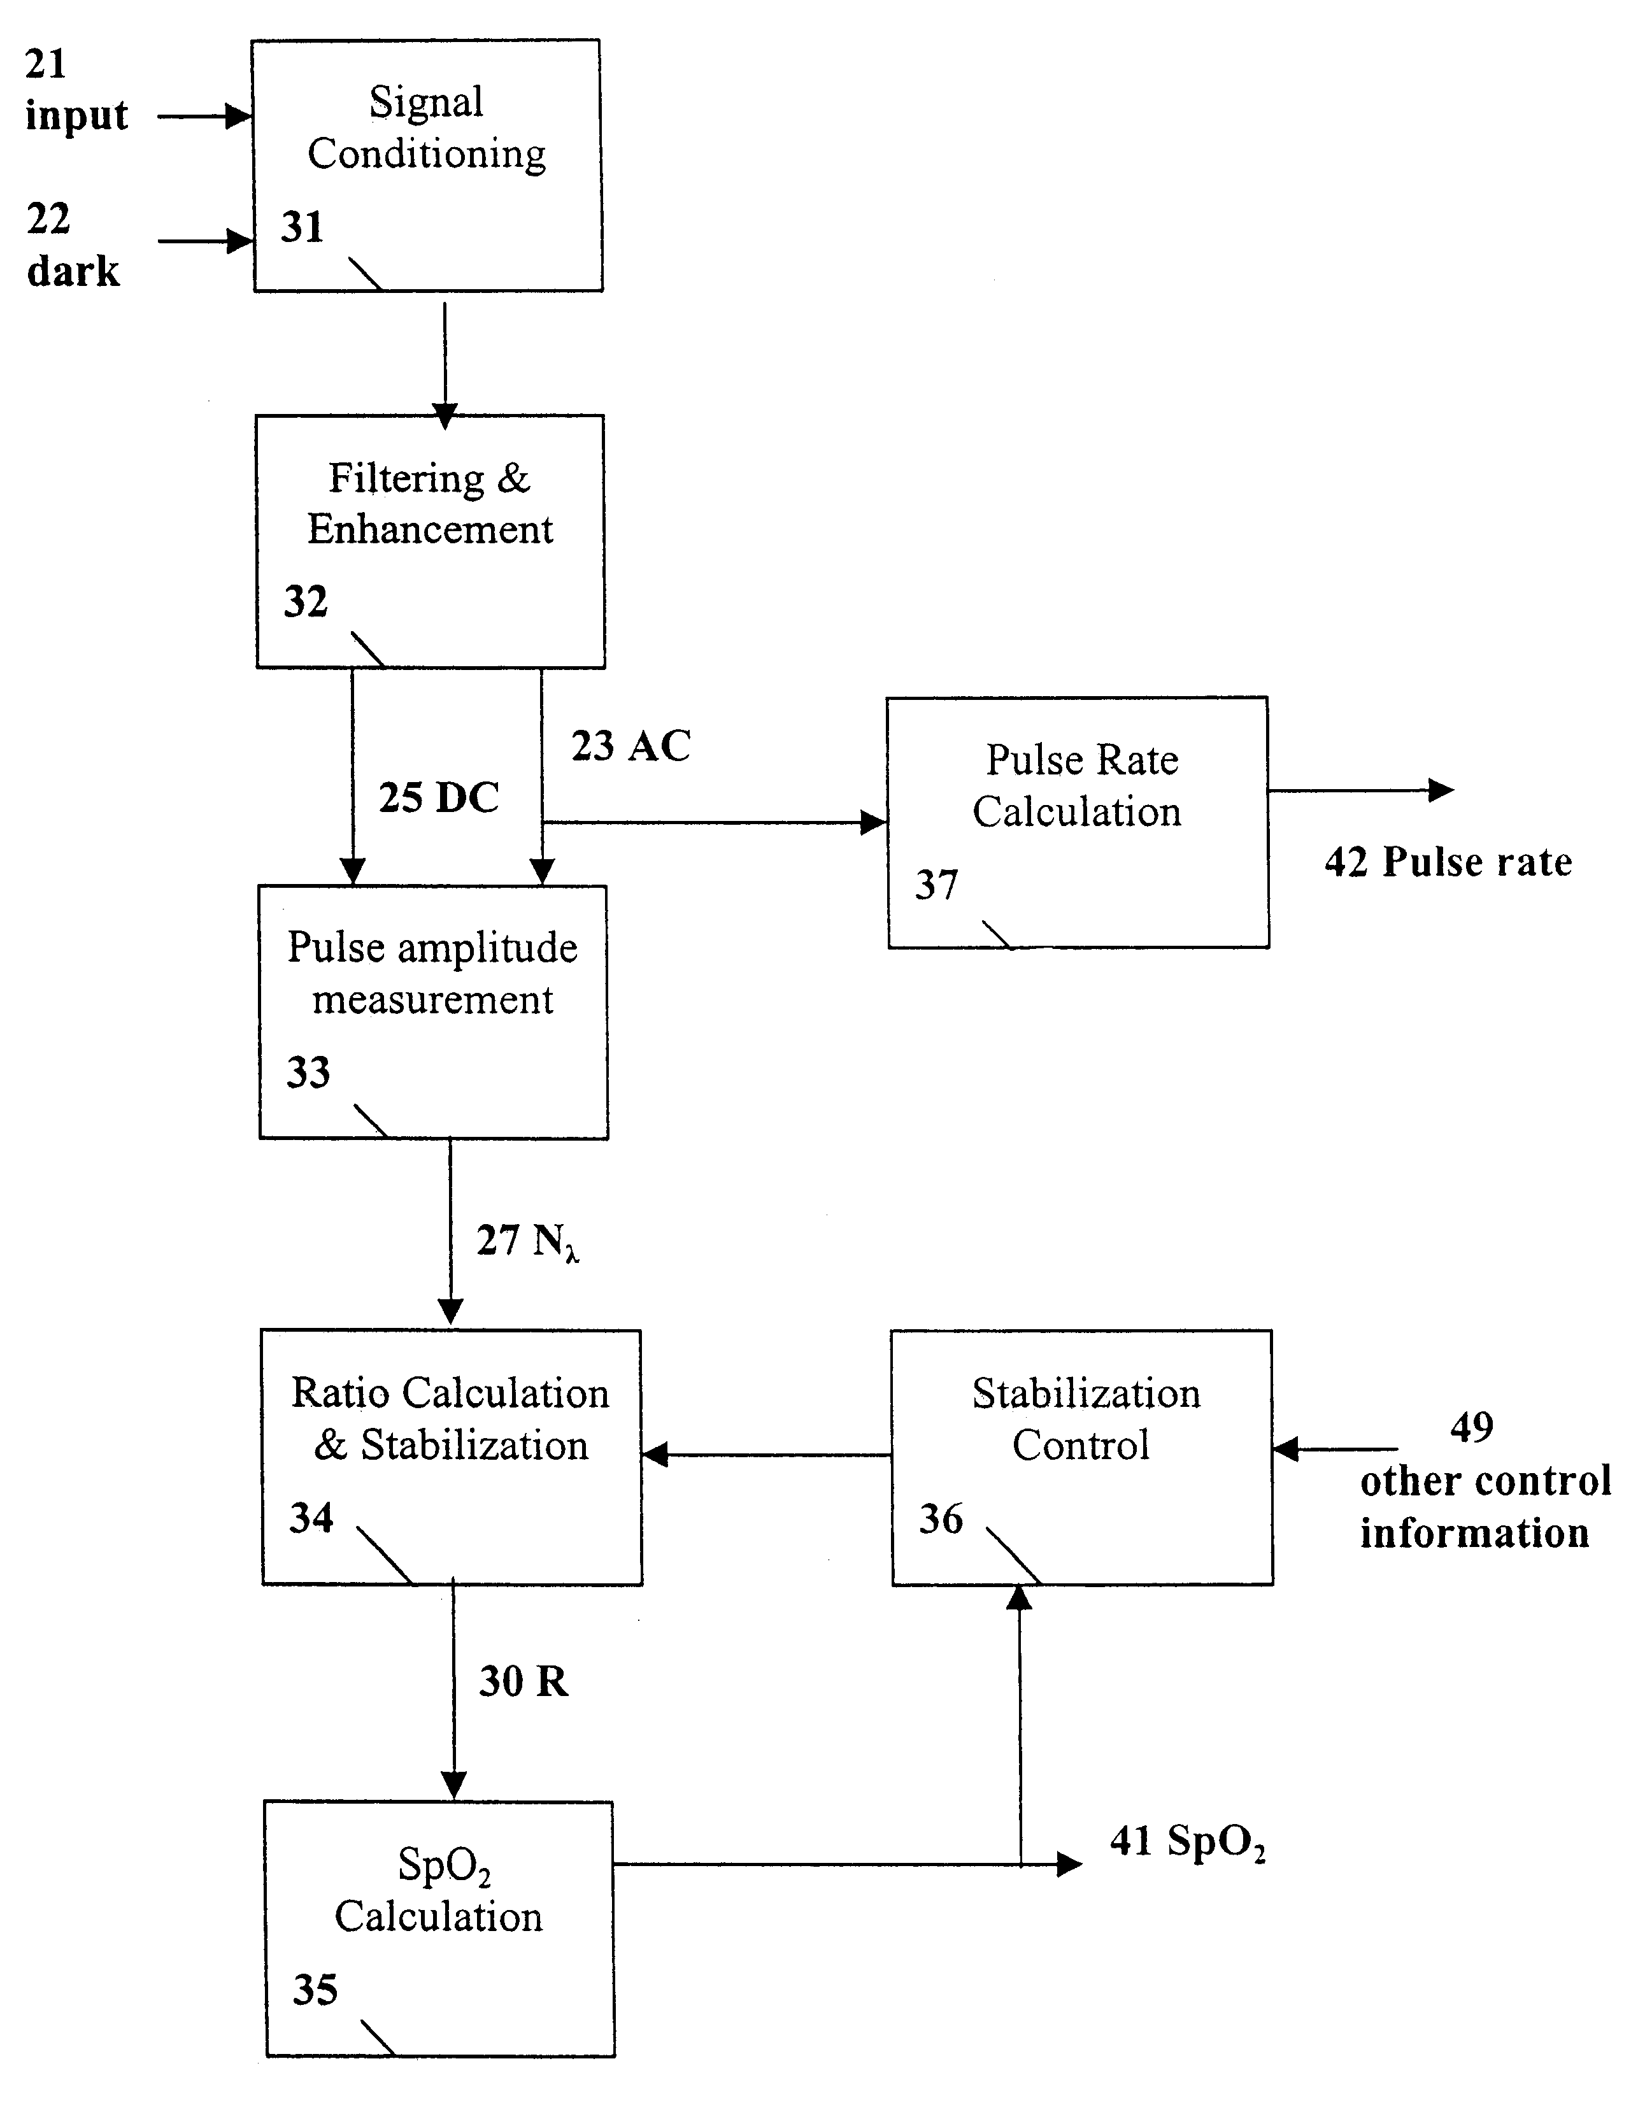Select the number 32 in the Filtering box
tap(305, 602)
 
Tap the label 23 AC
tap(630, 746)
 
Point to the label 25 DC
tap(438, 797)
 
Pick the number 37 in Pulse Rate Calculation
tap(936, 884)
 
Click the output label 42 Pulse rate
tap(1448, 862)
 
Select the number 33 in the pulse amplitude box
tap(308, 1072)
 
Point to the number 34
tap(311, 1518)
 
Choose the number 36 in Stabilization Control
tap(941, 1518)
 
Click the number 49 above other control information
tap(1471, 1427)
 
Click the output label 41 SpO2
tap(1187, 1842)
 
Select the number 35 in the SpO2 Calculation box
tap(315, 1990)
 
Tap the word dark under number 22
tap(73, 271)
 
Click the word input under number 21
tap(76, 117)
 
